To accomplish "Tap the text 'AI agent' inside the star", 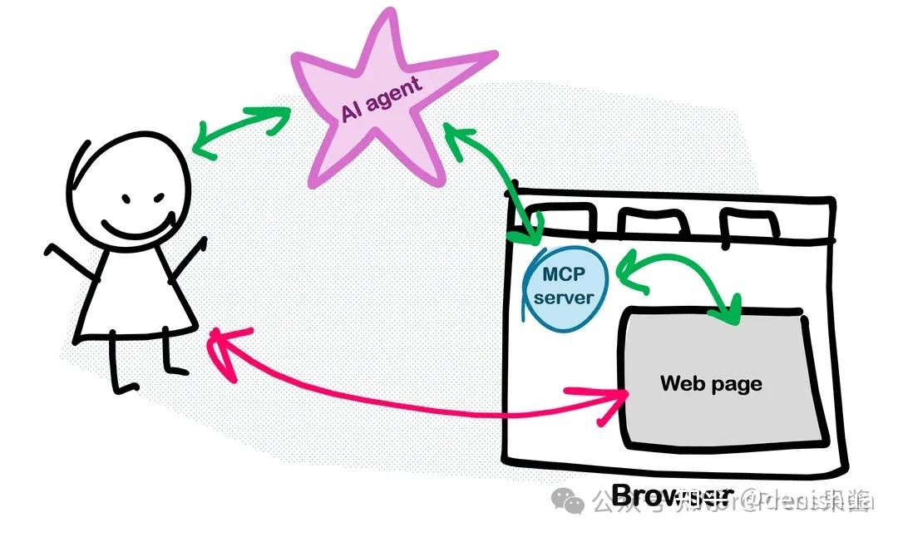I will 382,98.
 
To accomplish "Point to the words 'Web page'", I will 711,383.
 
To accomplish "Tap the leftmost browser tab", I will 560,219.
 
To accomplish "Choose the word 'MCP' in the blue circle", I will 564,273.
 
